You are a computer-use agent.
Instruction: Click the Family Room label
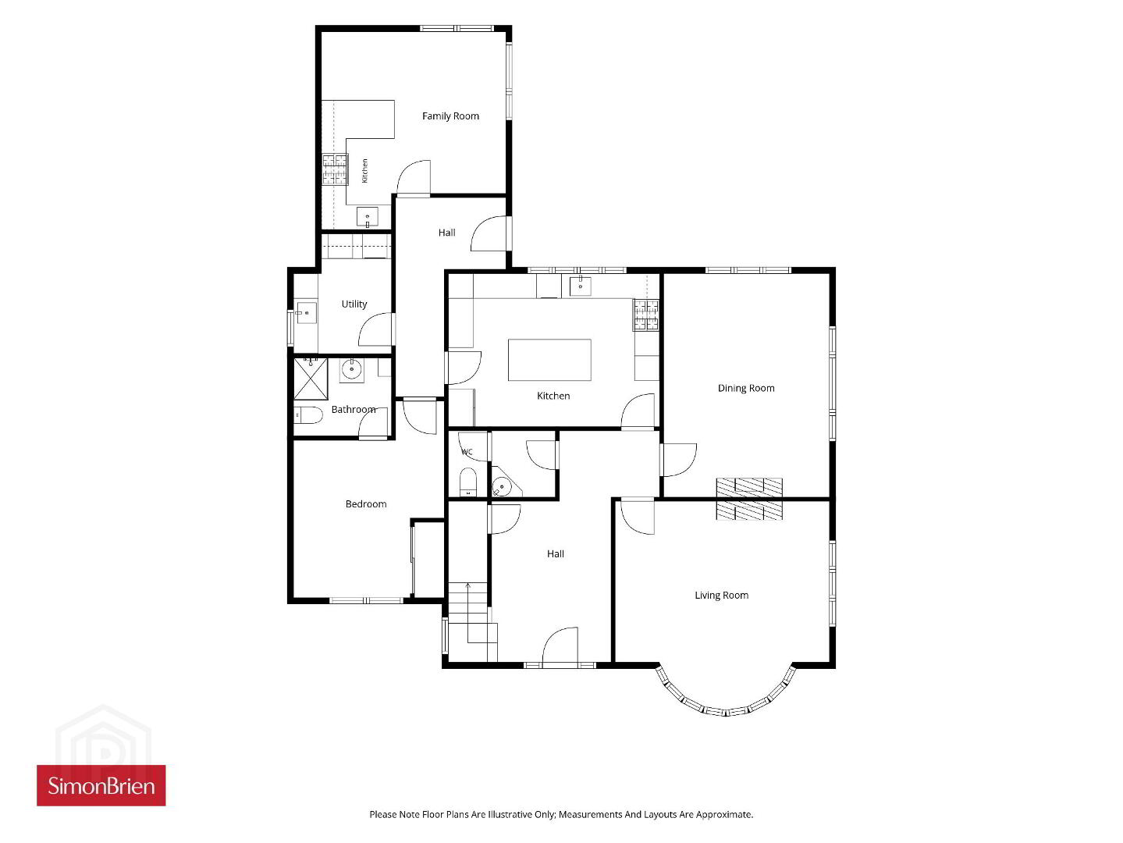point(450,116)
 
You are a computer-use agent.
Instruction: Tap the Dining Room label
point(746,388)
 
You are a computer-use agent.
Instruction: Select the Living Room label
point(721,596)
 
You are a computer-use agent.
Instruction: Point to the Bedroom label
point(366,504)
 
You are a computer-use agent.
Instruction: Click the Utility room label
point(354,304)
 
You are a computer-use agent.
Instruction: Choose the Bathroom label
point(354,410)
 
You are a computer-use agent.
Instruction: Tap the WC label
point(467,452)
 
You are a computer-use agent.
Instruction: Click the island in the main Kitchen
point(549,360)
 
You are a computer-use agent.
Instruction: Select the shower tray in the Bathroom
point(311,379)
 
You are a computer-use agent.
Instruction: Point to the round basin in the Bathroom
point(351,369)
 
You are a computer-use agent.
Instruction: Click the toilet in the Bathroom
point(308,414)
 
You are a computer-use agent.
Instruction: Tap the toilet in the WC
point(468,482)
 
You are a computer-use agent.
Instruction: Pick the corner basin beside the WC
point(504,483)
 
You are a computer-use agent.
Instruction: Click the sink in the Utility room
point(306,313)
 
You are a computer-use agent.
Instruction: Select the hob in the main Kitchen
point(647,315)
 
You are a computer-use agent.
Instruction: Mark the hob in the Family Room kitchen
point(335,169)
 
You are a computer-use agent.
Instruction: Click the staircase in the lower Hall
point(470,621)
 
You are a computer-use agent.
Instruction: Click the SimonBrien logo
point(101,786)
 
